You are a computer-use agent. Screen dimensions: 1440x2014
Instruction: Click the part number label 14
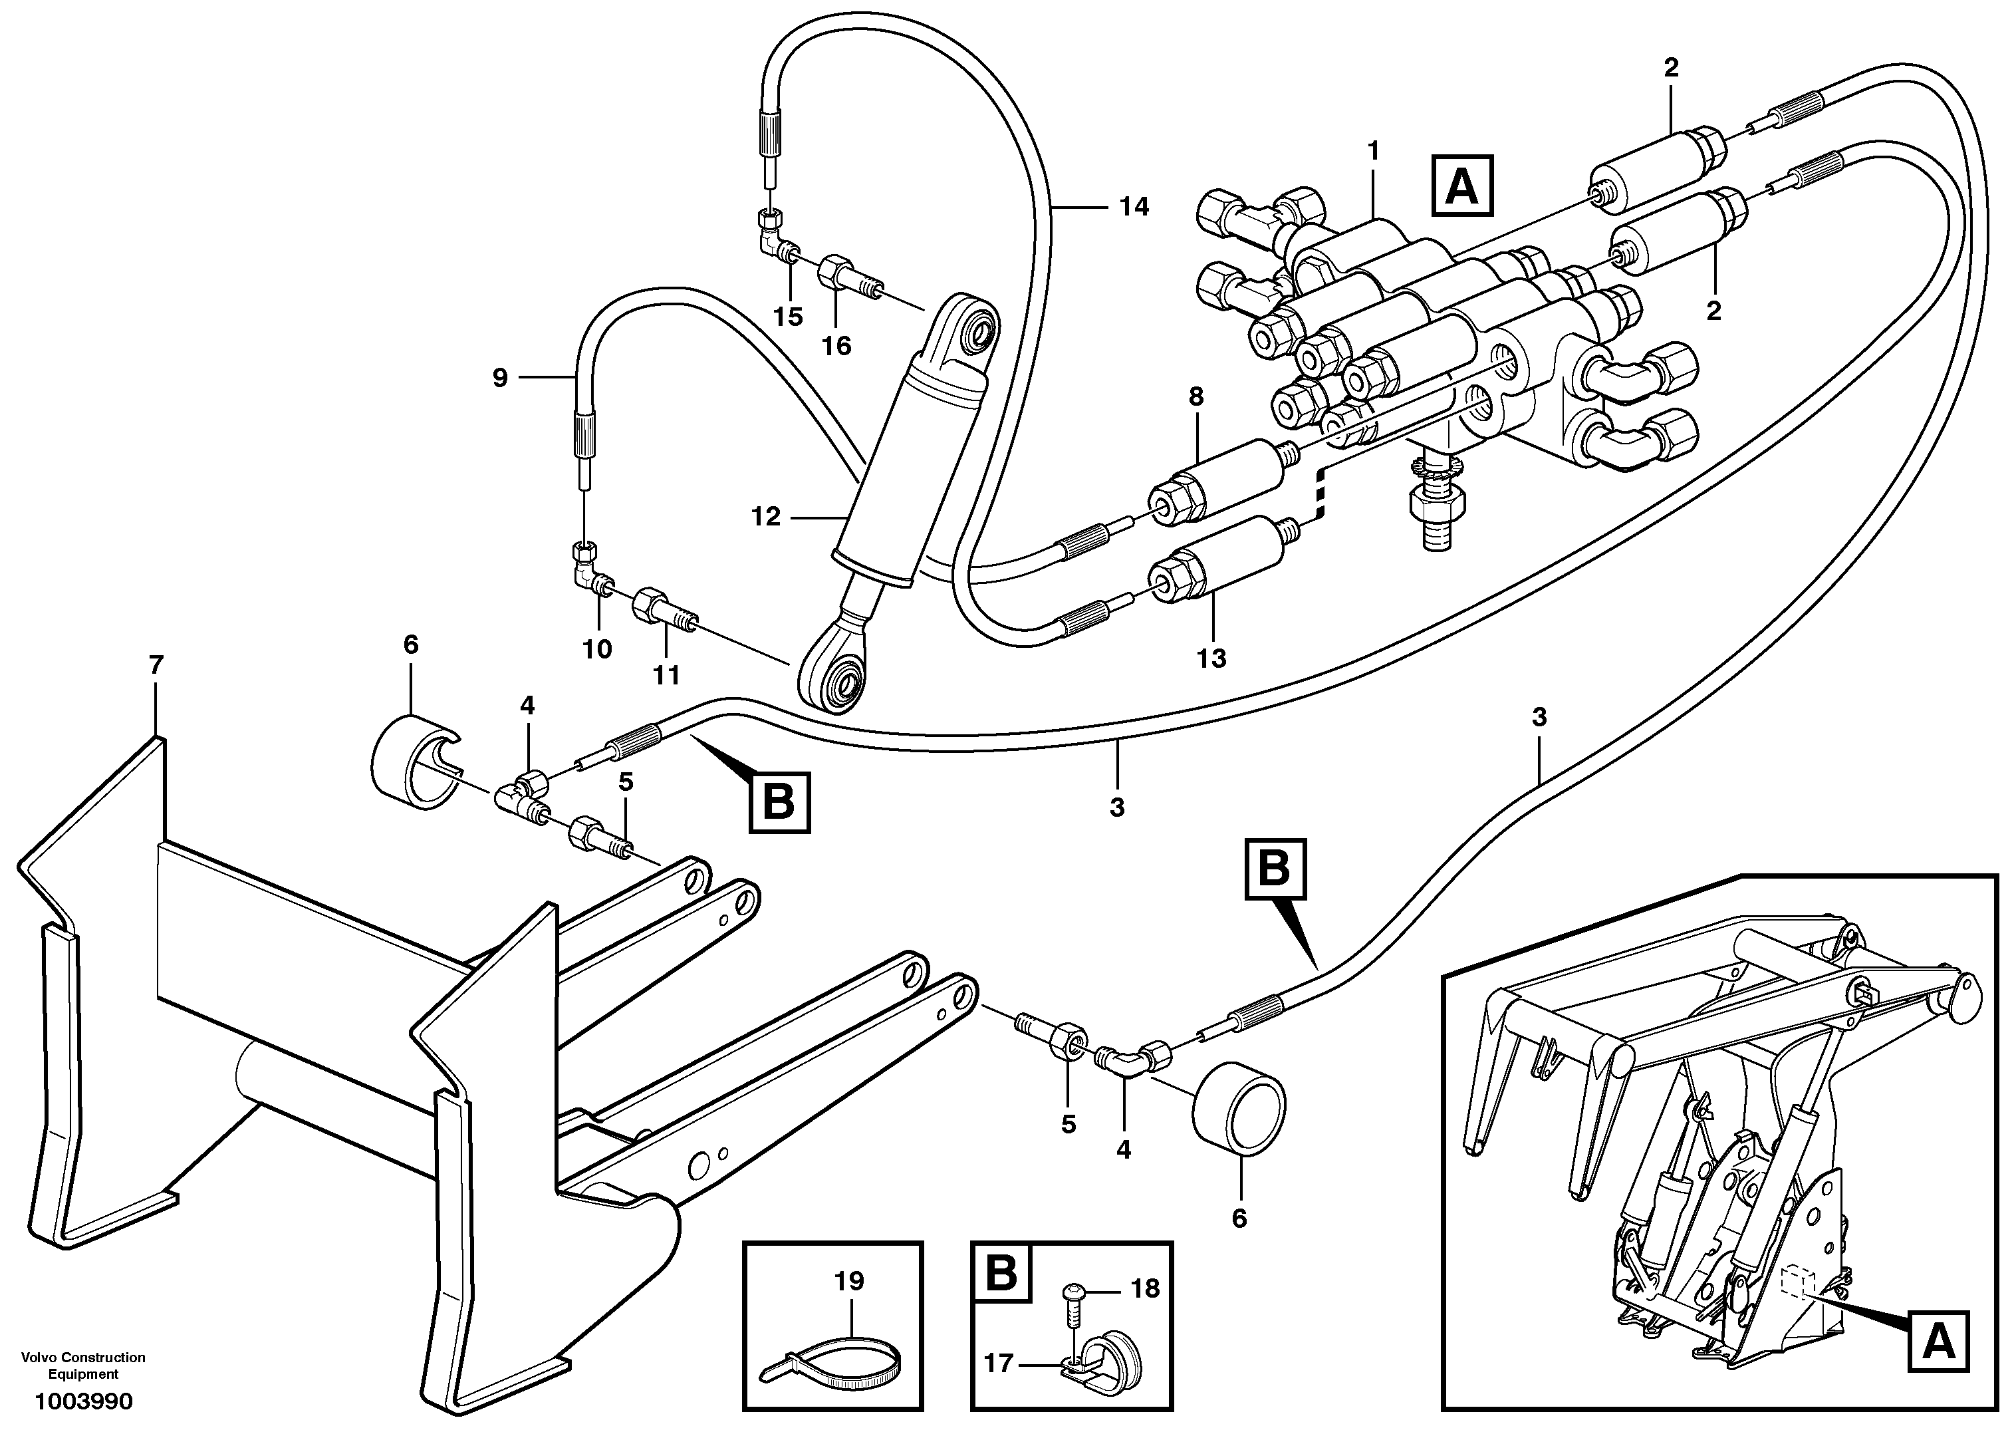[x=1134, y=207]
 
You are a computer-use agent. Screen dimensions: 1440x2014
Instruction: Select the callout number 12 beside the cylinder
[x=766, y=516]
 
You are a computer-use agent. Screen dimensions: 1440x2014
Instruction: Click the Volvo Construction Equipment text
[x=83, y=1366]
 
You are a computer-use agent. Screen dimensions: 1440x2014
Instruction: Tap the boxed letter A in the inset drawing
[x=1940, y=1342]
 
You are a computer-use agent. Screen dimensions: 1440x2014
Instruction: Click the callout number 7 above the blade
[x=156, y=666]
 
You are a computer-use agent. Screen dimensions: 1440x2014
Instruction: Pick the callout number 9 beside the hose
[x=500, y=378]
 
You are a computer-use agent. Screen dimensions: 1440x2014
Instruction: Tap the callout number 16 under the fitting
[x=836, y=347]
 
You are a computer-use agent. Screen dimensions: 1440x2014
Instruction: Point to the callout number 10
[x=598, y=650]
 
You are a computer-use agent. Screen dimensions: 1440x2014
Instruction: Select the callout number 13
[x=1211, y=659]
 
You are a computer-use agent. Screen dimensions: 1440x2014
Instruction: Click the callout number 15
[x=787, y=317]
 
